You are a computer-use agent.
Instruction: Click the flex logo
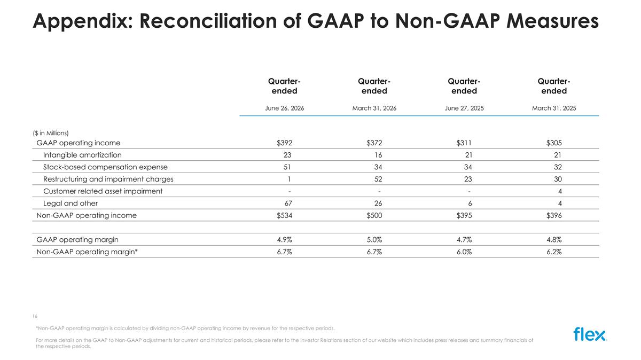tap(590, 334)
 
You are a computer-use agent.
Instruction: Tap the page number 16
tap(35, 316)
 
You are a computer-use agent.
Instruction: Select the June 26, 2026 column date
tap(284, 108)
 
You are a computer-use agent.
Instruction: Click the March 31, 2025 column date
tap(554, 108)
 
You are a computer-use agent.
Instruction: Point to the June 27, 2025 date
tap(464, 108)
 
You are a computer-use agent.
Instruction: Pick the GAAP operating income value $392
tap(284, 143)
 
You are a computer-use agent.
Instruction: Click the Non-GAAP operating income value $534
tap(284, 215)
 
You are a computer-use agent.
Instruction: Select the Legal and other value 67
tap(288, 203)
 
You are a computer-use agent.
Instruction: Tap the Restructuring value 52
tap(378, 179)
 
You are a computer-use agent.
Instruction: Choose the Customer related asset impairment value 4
tap(560, 191)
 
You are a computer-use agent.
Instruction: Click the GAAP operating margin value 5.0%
tap(374, 239)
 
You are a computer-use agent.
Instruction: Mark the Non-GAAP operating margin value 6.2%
tap(554, 252)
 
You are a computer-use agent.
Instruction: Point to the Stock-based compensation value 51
tap(287, 167)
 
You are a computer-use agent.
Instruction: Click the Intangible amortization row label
tap(82, 155)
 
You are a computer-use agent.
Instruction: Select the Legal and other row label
tap(71, 203)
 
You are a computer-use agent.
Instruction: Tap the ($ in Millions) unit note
tap(51, 133)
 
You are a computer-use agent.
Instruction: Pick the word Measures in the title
tap(552, 21)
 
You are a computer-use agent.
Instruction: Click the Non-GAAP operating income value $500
tap(374, 215)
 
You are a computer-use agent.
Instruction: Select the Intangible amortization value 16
tap(378, 155)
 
